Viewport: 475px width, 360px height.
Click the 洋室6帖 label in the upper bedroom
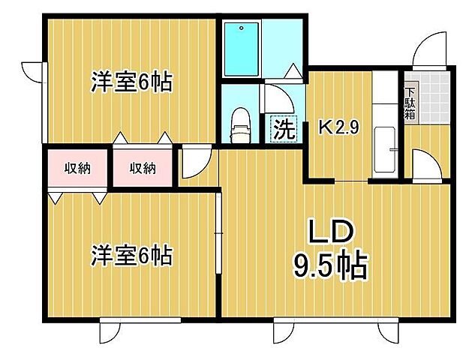pyautogui.click(x=132, y=81)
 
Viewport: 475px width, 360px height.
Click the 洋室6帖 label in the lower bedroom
pyautogui.click(x=132, y=256)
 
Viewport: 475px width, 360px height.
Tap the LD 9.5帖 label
pyautogui.click(x=329, y=251)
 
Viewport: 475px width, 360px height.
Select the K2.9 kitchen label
pyautogui.click(x=339, y=127)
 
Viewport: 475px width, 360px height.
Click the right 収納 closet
pyautogui.click(x=143, y=168)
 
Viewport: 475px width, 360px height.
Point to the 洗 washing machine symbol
pyautogui.click(x=283, y=128)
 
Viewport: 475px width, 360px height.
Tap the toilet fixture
pyautogui.click(x=240, y=124)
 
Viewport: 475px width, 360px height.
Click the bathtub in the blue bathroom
pyautogui.click(x=242, y=48)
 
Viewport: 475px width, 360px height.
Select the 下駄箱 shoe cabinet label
pyautogui.click(x=410, y=101)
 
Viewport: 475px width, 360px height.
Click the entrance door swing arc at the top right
pyautogui.click(x=431, y=49)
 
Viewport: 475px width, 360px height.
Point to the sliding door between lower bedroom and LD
pyautogui.click(x=218, y=232)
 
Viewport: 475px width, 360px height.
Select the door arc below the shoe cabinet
pyautogui.click(x=420, y=163)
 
